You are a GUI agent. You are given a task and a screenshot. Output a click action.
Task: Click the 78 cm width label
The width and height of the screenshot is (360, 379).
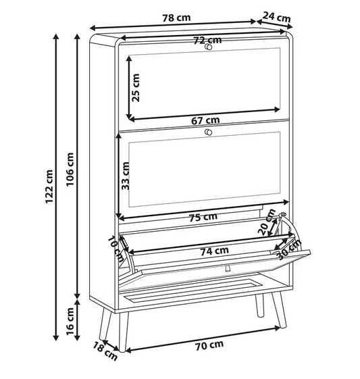click(176, 18)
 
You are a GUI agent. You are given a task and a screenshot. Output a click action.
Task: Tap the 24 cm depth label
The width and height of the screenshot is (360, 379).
click(277, 17)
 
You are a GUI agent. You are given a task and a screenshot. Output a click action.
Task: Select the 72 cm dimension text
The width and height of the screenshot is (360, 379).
click(207, 40)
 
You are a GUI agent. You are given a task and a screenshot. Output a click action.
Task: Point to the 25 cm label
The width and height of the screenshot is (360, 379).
click(135, 88)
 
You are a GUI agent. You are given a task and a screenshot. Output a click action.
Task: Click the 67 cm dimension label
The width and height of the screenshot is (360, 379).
click(205, 120)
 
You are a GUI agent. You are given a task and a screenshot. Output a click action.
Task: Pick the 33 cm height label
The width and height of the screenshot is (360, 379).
click(126, 176)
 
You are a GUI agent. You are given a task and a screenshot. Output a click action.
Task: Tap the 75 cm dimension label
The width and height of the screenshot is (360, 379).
click(203, 217)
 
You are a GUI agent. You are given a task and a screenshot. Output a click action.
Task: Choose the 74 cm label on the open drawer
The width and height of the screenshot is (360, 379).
click(215, 251)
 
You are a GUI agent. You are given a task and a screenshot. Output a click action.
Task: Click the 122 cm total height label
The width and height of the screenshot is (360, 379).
click(49, 186)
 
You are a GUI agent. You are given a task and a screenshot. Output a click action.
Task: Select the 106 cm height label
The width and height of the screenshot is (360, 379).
click(70, 169)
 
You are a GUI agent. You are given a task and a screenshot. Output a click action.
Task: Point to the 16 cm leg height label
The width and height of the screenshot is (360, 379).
click(70, 321)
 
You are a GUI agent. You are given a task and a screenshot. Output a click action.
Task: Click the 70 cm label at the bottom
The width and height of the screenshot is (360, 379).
click(209, 345)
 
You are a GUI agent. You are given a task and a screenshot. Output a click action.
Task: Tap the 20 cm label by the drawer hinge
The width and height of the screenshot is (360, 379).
click(267, 222)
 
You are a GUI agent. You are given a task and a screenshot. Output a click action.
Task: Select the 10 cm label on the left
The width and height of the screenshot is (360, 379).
click(116, 249)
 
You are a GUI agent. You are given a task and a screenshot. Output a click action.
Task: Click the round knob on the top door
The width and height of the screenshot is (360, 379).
click(208, 47)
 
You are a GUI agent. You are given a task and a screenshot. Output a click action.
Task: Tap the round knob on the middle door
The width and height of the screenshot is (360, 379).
click(208, 132)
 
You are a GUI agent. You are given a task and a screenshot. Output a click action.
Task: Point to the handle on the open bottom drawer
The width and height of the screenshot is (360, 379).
click(227, 268)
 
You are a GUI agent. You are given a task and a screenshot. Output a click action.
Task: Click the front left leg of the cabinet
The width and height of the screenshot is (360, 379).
click(123, 331)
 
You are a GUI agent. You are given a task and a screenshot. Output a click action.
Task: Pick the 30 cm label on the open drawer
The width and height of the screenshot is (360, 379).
click(289, 250)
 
